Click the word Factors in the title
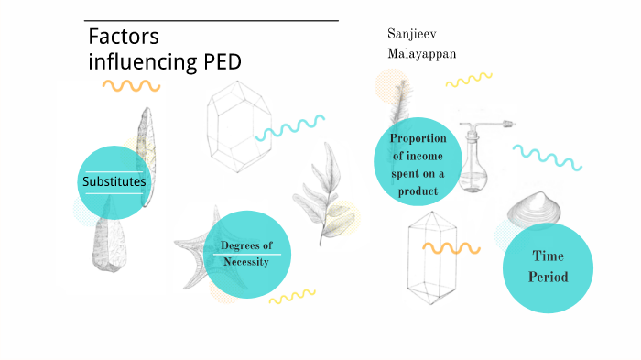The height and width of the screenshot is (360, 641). [124, 37]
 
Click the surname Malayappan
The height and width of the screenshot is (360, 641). [422, 54]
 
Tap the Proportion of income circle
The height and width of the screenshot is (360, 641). [418, 162]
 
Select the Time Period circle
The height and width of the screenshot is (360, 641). [549, 267]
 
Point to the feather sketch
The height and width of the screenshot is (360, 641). [401, 101]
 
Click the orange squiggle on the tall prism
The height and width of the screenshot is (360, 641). [451, 247]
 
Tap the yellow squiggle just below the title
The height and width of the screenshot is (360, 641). [131, 86]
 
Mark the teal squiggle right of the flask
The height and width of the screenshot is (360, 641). [547, 156]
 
